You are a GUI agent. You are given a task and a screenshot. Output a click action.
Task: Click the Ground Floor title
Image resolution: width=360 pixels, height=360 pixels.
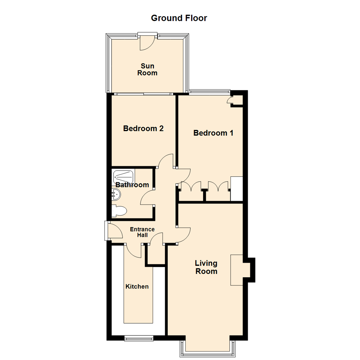179,18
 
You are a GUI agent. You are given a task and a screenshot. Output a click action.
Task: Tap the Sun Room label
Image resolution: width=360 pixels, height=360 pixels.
147,69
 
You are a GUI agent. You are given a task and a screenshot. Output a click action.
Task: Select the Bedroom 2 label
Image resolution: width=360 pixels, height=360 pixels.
143,128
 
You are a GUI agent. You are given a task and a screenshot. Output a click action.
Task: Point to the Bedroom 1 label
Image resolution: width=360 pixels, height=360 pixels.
213,133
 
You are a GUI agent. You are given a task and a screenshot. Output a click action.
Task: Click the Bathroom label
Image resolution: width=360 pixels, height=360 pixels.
132,185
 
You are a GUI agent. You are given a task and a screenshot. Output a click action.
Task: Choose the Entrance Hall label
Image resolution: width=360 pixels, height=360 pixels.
142,232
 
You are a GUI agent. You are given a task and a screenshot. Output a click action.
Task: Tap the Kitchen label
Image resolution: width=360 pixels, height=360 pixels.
137,286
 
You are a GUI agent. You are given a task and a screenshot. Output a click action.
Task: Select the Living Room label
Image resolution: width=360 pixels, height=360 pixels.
206,267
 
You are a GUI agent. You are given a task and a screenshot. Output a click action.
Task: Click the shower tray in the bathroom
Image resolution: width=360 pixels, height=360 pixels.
124,176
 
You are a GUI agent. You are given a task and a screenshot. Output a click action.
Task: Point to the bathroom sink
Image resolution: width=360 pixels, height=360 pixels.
115,193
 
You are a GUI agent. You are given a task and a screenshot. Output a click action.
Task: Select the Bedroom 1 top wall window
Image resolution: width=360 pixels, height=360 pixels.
209,91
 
